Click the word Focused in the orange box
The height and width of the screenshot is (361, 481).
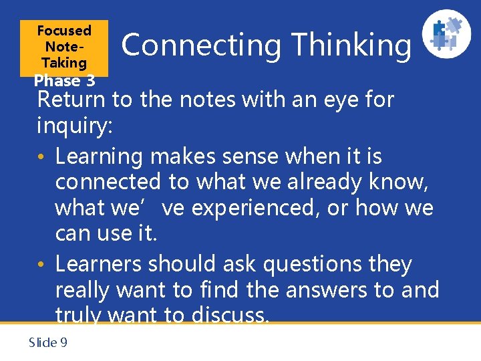pyautogui.click(x=64, y=31)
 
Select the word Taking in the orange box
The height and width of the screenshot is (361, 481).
pyautogui.click(x=64, y=63)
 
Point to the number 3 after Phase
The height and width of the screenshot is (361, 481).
pyautogui.click(x=90, y=81)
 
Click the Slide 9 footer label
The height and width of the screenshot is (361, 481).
pyautogui.click(x=48, y=342)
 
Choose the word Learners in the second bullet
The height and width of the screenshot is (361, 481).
pyautogui.click(x=99, y=265)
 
